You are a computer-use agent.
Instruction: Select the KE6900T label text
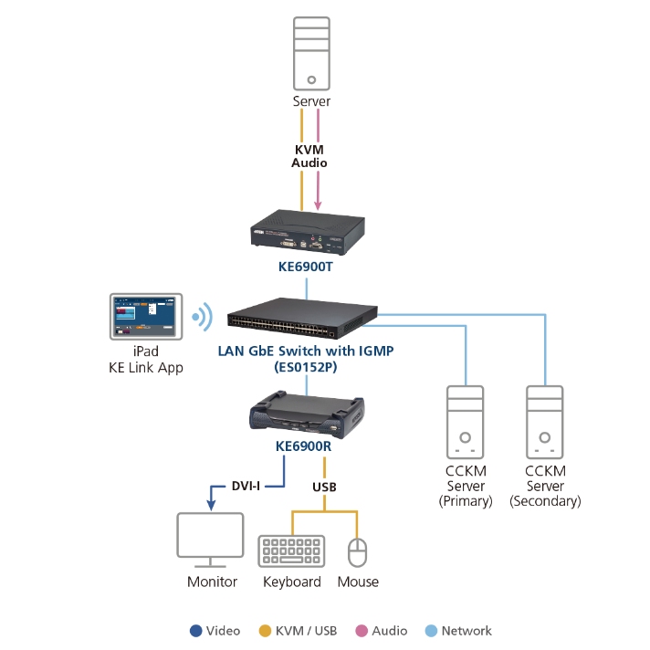pos(307,267)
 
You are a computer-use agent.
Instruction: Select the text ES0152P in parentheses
pos(306,367)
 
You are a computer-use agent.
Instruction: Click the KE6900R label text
pos(307,448)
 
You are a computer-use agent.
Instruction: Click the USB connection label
pos(324,487)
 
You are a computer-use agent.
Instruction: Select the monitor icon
pos(211,540)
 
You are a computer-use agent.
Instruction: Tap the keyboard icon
pos(292,550)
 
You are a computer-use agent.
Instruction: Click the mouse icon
pos(358,552)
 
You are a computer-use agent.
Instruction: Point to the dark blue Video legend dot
pos(195,631)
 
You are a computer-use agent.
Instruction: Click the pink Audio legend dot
pos(361,631)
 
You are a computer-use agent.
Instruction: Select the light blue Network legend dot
pos(431,631)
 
